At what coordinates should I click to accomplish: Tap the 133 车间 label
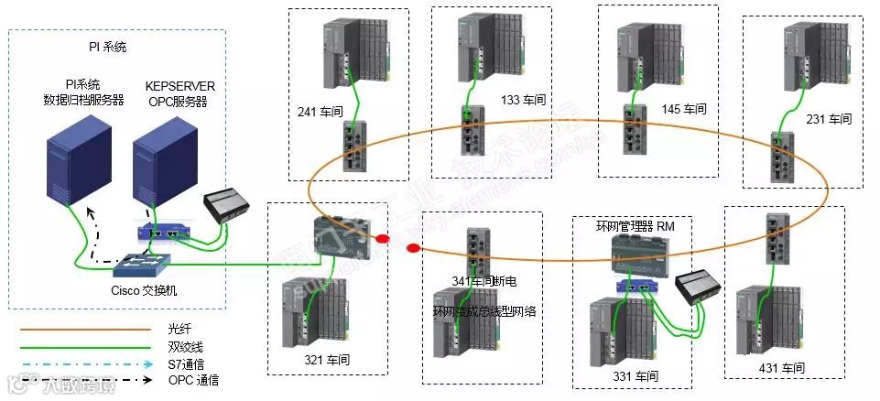(521, 100)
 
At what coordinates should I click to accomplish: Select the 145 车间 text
(684, 109)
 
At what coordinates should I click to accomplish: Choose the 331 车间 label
(636, 375)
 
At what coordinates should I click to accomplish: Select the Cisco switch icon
(142, 266)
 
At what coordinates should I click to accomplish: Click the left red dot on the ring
(383, 240)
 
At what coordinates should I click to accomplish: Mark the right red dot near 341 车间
(413, 247)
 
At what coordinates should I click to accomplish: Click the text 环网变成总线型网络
(484, 311)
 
